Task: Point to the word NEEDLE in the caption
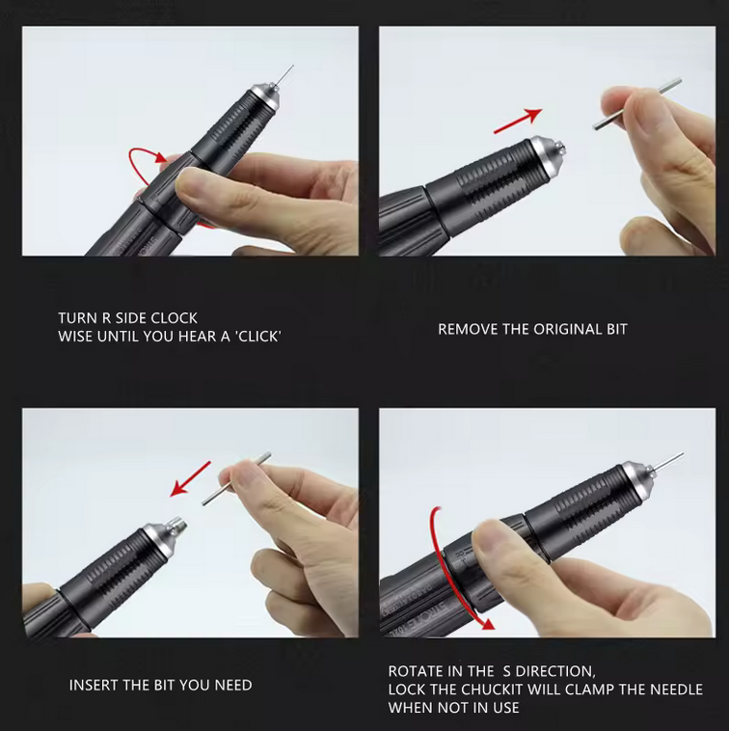click(x=675, y=690)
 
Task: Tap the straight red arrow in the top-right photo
click(x=517, y=121)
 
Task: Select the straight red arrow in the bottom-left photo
click(x=191, y=478)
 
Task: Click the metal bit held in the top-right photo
click(x=636, y=105)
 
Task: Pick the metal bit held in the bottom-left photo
click(x=236, y=479)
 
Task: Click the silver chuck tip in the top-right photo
click(x=551, y=153)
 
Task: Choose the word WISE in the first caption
click(x=76, y=337)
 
